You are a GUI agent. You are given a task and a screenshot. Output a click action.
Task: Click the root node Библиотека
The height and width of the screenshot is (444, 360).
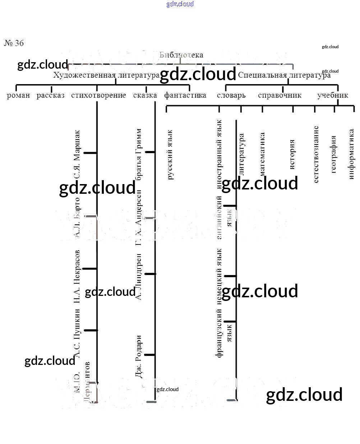(x=181, y=55)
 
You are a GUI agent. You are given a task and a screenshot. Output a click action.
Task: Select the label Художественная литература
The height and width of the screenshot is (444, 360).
(x=106, y=75)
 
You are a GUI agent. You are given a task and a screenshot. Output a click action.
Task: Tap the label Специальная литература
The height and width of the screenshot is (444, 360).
(x=284, y=75)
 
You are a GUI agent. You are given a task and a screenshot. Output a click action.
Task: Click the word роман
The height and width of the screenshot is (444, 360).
(x=18, y=95)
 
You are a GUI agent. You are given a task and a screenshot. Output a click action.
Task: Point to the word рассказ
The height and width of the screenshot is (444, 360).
(x=51, y=95)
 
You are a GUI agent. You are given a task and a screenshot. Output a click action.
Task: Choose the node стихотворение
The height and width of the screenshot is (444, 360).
(x=98, y=95)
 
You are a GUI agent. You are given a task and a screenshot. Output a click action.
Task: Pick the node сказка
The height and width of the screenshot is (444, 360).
(x=145, y=95)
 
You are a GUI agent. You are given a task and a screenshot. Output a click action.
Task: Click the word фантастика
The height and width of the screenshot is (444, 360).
(x=185, y=95)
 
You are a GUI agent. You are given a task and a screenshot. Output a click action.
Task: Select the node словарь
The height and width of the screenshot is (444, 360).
(x=231, y=95)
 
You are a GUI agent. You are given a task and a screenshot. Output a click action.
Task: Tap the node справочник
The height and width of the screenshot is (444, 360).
(x=280, y=95)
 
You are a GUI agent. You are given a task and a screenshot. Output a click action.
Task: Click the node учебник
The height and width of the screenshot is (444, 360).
(x=333, y=95)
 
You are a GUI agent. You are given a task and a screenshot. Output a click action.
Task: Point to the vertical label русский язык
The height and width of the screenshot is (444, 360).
(x=170, y=155)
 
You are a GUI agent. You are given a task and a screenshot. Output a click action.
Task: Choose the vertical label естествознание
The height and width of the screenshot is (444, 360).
(x=315, y=154)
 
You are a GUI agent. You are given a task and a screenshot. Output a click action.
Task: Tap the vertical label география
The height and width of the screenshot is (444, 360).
(x=333, y=154)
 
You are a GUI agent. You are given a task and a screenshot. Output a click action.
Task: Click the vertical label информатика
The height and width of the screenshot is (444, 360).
(x=351, y=154)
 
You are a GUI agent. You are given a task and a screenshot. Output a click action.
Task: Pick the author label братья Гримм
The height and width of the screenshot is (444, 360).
(x=139, y=154)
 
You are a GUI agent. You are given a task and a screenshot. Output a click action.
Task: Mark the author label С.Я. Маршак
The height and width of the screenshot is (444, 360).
(x=77, y=154)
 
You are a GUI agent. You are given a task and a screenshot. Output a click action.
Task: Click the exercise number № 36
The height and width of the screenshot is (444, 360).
(x=14, y=43)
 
